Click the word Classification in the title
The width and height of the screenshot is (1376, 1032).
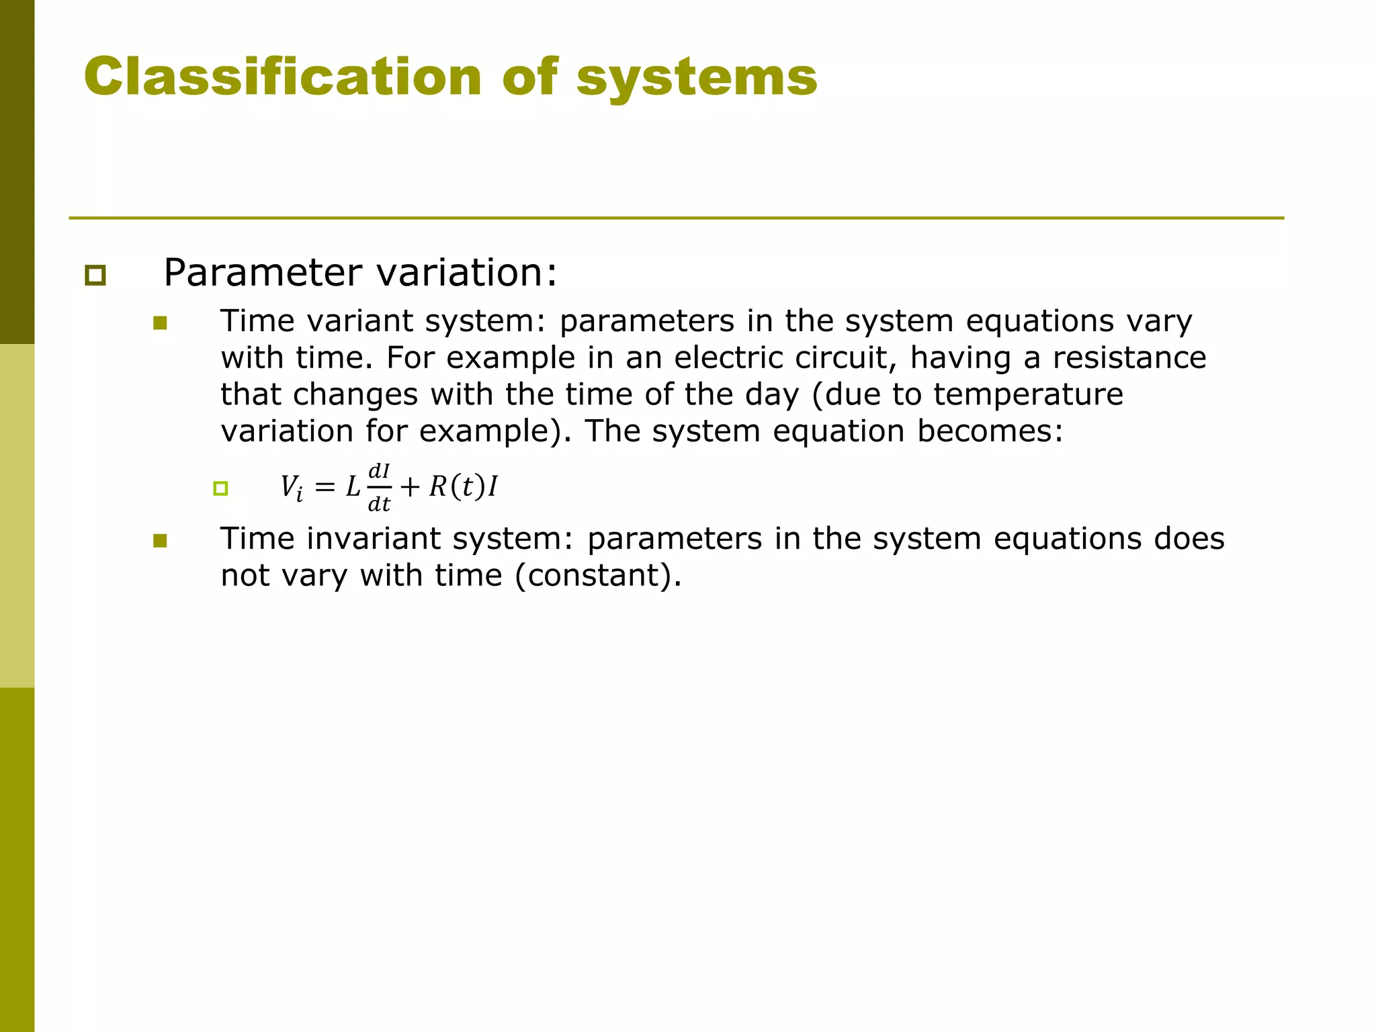click(x=282, y=77)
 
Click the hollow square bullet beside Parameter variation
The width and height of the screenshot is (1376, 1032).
click(x=95, y=275)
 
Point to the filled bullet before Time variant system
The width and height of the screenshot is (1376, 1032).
click(x=160, y=324)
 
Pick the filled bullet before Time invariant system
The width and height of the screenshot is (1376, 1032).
click(x=160, y=541)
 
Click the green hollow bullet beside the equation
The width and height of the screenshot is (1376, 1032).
click(x=220, y=488)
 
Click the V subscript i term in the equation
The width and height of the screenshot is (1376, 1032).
click(x=291, y=487)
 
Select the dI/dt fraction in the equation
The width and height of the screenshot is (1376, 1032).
click(x=379, y=487)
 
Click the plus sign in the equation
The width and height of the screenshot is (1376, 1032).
click(x=410, y=487)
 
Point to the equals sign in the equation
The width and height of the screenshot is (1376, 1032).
click(x=325, y=487)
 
